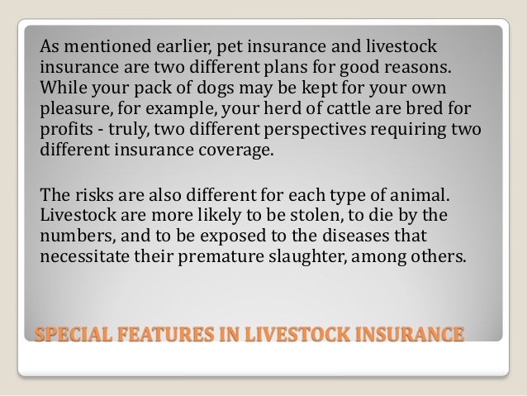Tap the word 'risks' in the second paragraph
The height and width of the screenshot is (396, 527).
click(94, 196)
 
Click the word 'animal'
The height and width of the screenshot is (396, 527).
click(420, 196)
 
